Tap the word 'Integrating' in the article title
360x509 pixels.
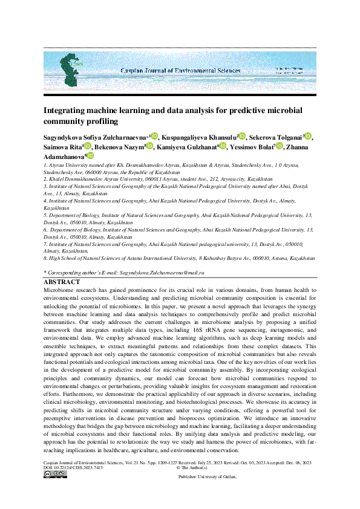click(x=67, y=111)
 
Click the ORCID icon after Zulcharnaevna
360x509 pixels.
click(x=154, y=137)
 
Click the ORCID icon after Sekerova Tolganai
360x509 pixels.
click(x=308, y=137)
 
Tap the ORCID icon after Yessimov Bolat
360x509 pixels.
click(x=279, y=146)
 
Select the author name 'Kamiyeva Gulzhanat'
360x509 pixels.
click(x=187, y=147)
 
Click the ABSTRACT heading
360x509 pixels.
click(x=62, y=282)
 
